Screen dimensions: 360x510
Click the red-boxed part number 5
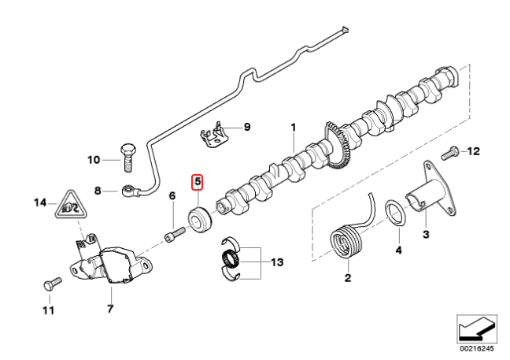(198, 183)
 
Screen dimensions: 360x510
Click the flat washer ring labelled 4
(396, 213)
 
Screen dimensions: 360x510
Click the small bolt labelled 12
(453, 150)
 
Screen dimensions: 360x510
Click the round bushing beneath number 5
(198, 218)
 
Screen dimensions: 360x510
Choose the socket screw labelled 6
(174, 234)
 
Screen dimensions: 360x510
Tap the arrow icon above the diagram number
(476, 325)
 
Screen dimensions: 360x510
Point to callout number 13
(276, 262)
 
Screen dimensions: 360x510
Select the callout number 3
(425, 236)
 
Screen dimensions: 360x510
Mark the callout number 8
(98, 190)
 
